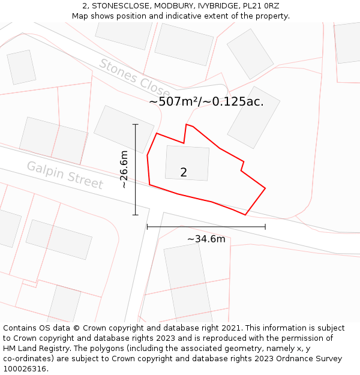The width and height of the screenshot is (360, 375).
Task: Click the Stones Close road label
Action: (x=134, y=78)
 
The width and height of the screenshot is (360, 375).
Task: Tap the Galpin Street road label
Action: (x=65, y=175)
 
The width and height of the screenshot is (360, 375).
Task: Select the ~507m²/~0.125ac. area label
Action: (x=206, y=101)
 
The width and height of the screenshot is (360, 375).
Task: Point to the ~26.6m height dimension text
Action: (x=124, y=170)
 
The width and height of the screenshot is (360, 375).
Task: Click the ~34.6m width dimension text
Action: (x=206, y=239)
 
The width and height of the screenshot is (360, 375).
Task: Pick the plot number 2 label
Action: (x=184, y=172)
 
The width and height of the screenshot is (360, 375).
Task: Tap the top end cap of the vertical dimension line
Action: (x=136, y=125)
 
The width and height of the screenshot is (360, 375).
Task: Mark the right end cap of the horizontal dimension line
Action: (x=265, y=227)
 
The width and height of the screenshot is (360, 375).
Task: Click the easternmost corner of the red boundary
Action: (x=265, y=188)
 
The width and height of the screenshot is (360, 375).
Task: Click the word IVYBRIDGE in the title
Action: (x=217, y=6)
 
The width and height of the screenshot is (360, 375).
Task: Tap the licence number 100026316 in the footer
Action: (x=26, y=368)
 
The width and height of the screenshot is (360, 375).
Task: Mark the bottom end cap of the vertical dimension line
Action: (x=136, y=214)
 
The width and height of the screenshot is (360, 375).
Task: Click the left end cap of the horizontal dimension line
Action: (x=148, y=227)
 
